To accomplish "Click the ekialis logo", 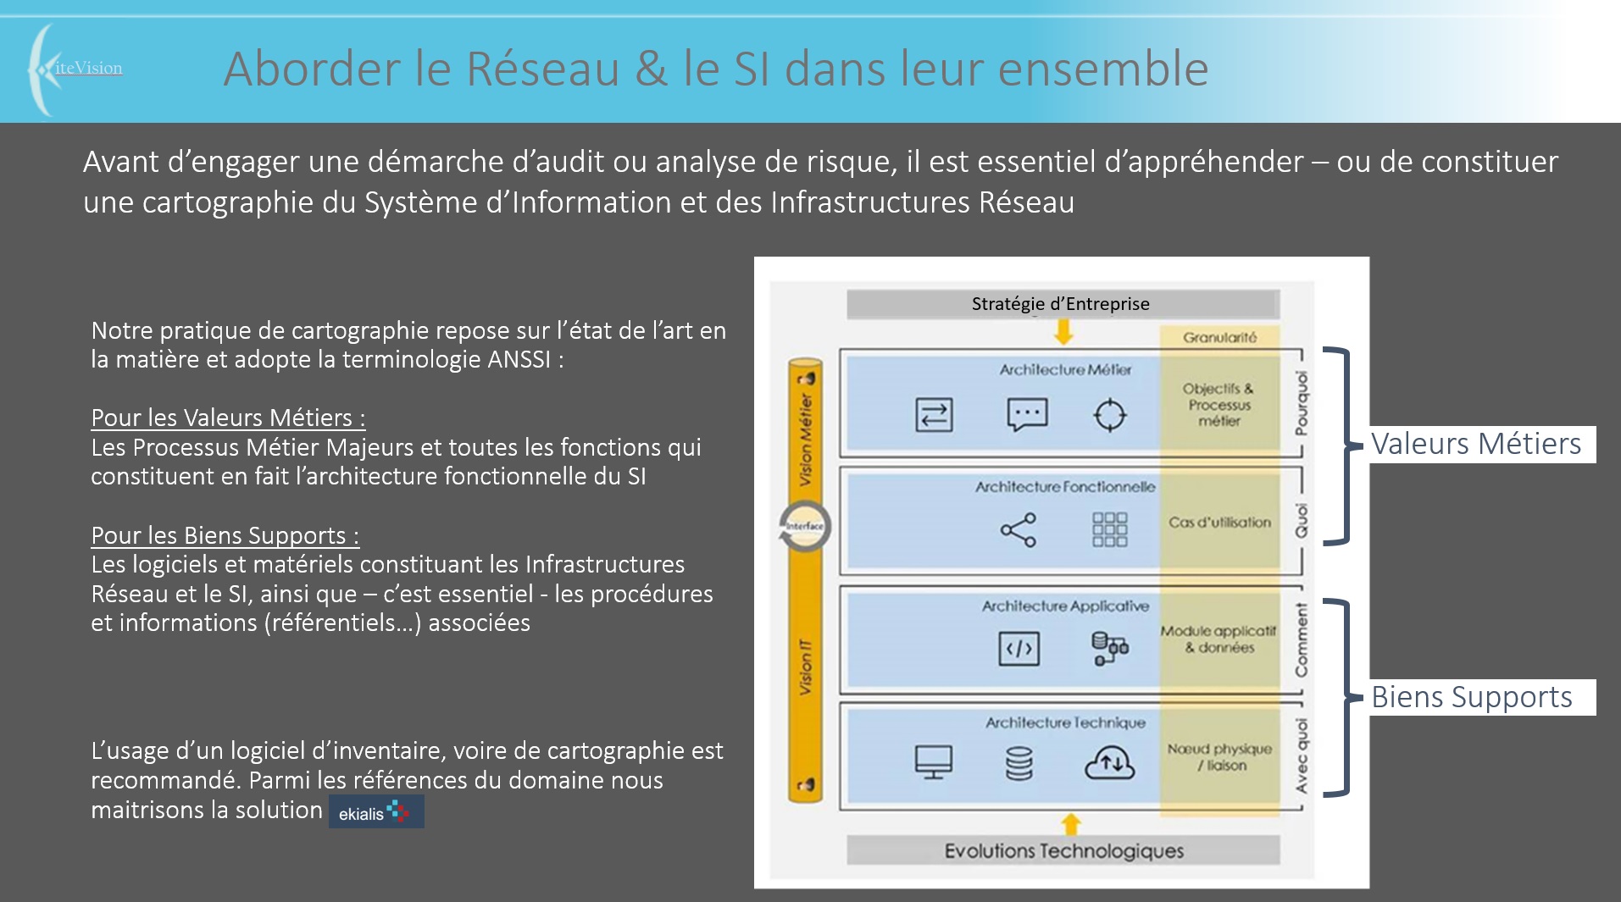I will [x=376, y=812].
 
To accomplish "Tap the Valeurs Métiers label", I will [x=1476, y=444].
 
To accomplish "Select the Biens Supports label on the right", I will [x=1472, y=697].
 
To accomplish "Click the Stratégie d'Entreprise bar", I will [x=1062, y=304].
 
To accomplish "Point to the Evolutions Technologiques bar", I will [x=1063, y=850].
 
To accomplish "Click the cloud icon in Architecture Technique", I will [x=1109, y=762].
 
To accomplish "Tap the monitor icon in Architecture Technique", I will [x=933, y=762].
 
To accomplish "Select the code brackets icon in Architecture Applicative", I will [x=1019, y=649].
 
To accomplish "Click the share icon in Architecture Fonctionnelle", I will [x=1019, y=530].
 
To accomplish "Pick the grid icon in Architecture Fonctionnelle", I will [x=1109, y=530].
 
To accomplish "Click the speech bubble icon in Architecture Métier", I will [x=1027, y=415].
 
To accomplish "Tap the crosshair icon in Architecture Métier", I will [x=1109, y=415].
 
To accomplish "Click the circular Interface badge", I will [x=804, y=526].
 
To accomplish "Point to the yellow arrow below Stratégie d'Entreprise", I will [x=1063, y=333].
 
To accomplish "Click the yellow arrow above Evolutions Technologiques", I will [x=1071, y=823].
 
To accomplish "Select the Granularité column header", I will [x=1219, y=337].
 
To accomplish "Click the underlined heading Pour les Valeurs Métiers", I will [x=228, y=418].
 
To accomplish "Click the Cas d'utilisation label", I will [x=1219, y=523].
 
